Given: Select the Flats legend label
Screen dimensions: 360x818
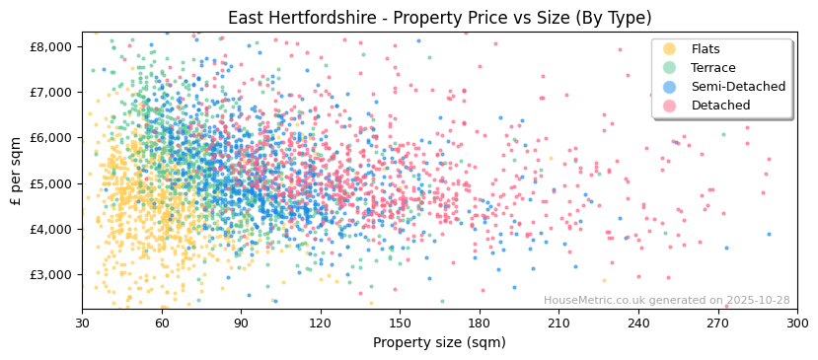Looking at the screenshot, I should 706,49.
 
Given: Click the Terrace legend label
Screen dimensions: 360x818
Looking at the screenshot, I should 713,68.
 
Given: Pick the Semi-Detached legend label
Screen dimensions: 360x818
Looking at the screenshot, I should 738,87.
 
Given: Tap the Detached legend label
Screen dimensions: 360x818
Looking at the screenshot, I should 720,106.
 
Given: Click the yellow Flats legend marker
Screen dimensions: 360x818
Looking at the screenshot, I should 670,49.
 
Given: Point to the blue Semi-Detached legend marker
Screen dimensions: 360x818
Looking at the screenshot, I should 670,87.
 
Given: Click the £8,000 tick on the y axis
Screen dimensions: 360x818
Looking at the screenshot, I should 51,46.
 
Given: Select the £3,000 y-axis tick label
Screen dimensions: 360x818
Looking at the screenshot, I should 51,274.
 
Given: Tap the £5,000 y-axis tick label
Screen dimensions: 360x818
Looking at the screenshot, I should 51,183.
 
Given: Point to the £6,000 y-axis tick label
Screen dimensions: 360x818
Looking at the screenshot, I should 51,138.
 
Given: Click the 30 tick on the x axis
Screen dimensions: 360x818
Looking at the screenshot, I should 82,323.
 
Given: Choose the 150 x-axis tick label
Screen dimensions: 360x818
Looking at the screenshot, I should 400,323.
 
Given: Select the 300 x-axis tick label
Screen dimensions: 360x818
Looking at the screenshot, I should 797,323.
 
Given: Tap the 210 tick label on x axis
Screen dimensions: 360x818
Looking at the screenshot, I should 558,323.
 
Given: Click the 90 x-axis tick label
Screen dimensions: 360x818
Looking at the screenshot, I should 241,323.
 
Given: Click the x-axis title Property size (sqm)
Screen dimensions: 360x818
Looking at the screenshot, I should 439,342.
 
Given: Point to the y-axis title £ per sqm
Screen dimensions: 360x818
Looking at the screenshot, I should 17,171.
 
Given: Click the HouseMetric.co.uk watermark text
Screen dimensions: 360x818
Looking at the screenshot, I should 666,301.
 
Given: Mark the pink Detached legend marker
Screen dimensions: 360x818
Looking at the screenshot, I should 670,106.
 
